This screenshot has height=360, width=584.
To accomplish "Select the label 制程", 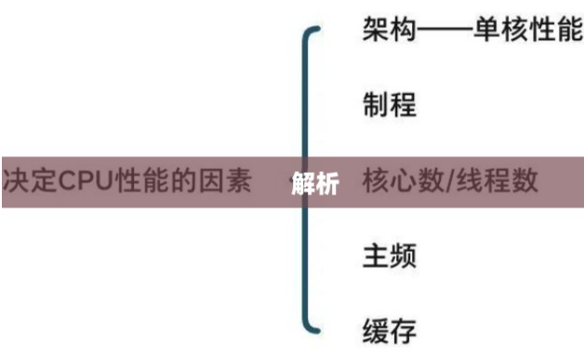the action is click(389, 104).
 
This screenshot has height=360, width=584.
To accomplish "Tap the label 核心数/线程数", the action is click(450, 180).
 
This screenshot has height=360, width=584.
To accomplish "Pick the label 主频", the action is click(389, 255).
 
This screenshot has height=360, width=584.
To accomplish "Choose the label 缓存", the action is click(389, 328).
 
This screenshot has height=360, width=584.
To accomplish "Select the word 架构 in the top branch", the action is click(389, 30).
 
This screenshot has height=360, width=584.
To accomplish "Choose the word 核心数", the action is click(403, 180).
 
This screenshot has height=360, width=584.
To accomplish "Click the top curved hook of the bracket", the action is click(312, 33).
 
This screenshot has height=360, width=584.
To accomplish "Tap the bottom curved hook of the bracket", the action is click(312, 326).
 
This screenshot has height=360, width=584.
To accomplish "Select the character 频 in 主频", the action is click(403, 255).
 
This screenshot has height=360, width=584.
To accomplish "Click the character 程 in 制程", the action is click(403, 104).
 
